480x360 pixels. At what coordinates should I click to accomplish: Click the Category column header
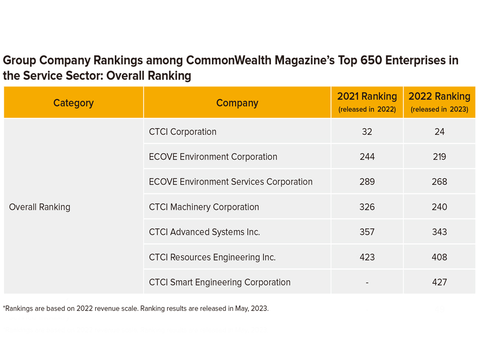(74, 103)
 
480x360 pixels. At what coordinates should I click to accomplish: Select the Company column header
(237, 103)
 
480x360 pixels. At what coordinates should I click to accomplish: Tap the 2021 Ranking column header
(367, 102)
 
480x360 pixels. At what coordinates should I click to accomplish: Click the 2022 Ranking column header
(439, 102)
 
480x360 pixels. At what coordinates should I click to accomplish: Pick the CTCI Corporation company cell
(183, 132)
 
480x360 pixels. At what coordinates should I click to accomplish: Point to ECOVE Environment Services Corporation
(231, 182)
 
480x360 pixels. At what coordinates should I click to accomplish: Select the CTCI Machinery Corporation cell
(204, 207)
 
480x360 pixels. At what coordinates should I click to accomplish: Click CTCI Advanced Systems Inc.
(204, 232)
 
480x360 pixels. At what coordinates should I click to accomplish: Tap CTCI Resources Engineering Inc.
(212, 257)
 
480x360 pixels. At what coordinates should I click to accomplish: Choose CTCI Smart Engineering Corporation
(220, 282)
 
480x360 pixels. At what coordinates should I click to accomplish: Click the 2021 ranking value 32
(367, 132)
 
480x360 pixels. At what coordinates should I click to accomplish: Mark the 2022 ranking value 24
(439, 132)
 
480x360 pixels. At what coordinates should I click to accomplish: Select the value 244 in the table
(367, 157)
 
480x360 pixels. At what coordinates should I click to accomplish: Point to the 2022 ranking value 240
(439, 207)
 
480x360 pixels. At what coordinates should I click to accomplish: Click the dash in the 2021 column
(367, 283)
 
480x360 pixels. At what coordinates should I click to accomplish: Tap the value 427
(439, 282)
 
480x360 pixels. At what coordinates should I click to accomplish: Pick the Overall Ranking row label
(40, 207)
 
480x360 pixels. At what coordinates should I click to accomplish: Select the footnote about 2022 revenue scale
(136, 308)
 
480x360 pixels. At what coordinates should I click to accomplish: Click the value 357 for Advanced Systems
(367, 232)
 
